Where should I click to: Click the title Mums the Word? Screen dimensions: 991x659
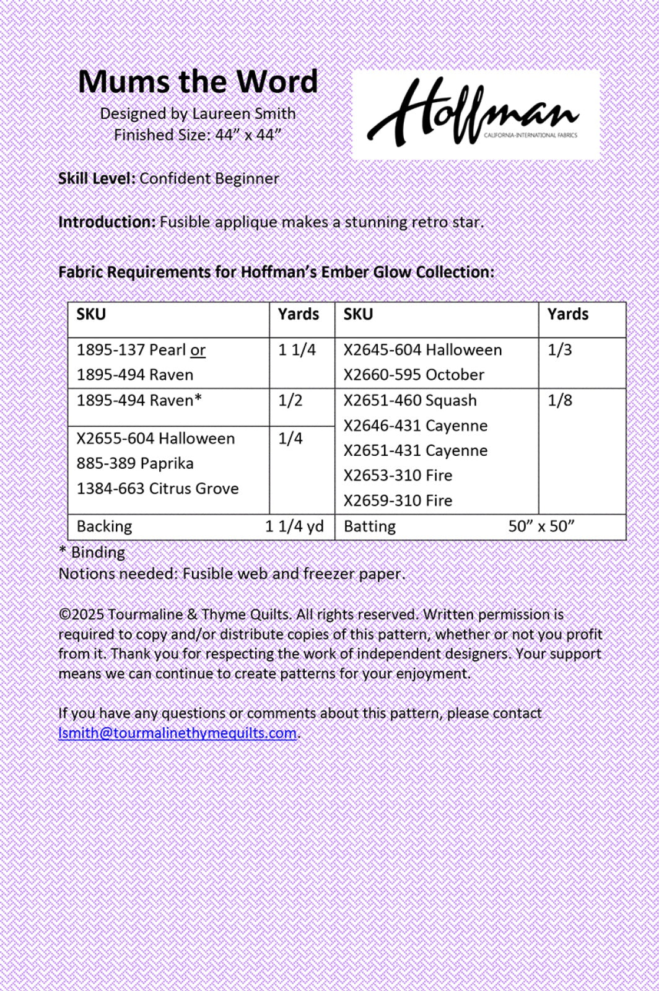click(198, 82)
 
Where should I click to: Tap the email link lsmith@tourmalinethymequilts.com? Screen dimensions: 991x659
click(177, 733)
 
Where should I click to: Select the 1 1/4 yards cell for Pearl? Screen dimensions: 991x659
click(297, 350)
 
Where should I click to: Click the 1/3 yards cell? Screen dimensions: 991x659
click(559, 350)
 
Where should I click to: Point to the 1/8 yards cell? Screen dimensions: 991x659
click(559, 400)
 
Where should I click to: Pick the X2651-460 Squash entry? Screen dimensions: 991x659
click(410, 401)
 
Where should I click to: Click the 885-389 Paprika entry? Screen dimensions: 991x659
click(135, 463)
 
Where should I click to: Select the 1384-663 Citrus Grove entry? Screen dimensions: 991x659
click(157, 489)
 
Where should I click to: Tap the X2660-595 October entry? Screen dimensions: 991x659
click(414, 375)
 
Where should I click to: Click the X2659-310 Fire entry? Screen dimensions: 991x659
click(398, 500)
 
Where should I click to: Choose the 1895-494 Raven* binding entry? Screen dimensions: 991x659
click(139, 401)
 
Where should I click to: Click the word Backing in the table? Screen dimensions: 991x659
click(104, 526)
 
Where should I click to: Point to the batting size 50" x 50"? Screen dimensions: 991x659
click(541, 526)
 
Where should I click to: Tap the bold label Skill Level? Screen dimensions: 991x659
click(96, 178)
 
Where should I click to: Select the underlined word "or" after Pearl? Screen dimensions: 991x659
click(198, 350)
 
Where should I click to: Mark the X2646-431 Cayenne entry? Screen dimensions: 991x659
click(415, 426)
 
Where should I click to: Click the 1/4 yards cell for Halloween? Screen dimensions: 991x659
click(290, 439)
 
